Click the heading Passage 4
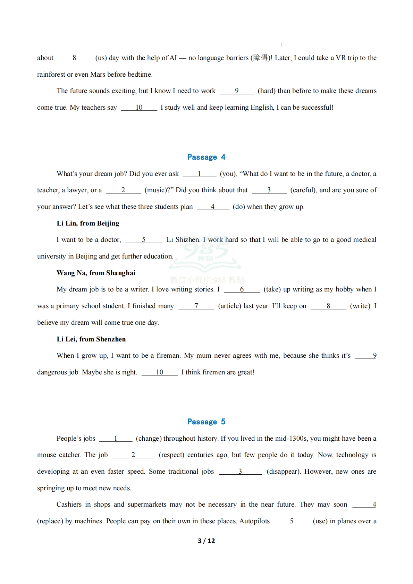tap(206, 157)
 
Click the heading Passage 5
tap(206, 422)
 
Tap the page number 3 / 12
tap(206, 541)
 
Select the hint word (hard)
tap(267, 91)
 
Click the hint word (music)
tap(157, 190)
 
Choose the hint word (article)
tap(229, 306)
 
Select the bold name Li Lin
tap(67, 223)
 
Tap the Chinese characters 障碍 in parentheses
tap(261, 58)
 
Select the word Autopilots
tap(254, 521)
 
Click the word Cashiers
tap(69, 505)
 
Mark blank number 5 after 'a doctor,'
tap(144, 240)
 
